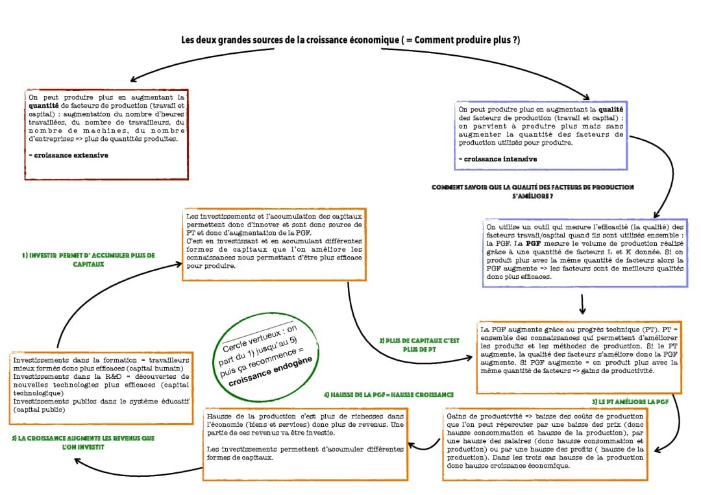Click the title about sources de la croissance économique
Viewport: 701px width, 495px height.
[350, 40]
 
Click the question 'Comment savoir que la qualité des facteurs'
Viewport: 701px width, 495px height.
[532, 191]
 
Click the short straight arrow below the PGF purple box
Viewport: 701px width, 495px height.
[582, 304]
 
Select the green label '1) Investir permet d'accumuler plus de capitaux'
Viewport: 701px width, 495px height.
[88, 260]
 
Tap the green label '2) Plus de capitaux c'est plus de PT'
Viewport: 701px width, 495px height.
[419, 344]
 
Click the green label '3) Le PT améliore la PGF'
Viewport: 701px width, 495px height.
[630, 402]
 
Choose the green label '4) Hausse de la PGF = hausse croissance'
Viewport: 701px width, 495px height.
[387, 394]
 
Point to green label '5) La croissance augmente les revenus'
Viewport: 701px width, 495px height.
[83, 442]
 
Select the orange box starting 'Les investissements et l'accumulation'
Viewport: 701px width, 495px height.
[273, 244]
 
